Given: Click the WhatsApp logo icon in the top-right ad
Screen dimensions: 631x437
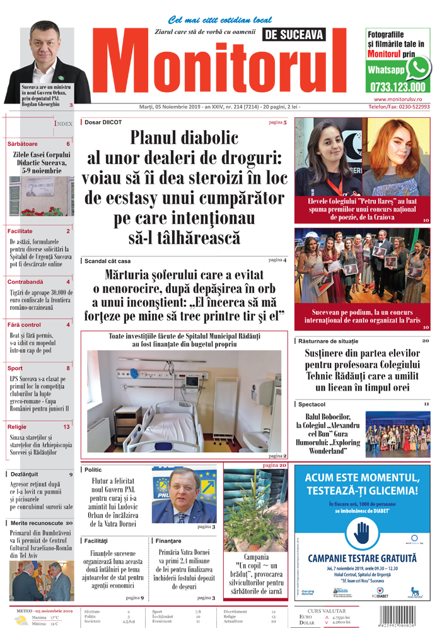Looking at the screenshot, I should (418, 68).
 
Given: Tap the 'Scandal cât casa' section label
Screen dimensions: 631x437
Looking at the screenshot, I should (107, 261).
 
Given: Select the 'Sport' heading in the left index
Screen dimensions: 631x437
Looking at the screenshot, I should (15, 368).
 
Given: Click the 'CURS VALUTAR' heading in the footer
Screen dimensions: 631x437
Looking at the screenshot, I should (325, 611).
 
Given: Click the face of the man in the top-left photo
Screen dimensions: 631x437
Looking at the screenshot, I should (43, 41).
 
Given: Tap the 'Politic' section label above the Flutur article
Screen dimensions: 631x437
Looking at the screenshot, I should (93, 469).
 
